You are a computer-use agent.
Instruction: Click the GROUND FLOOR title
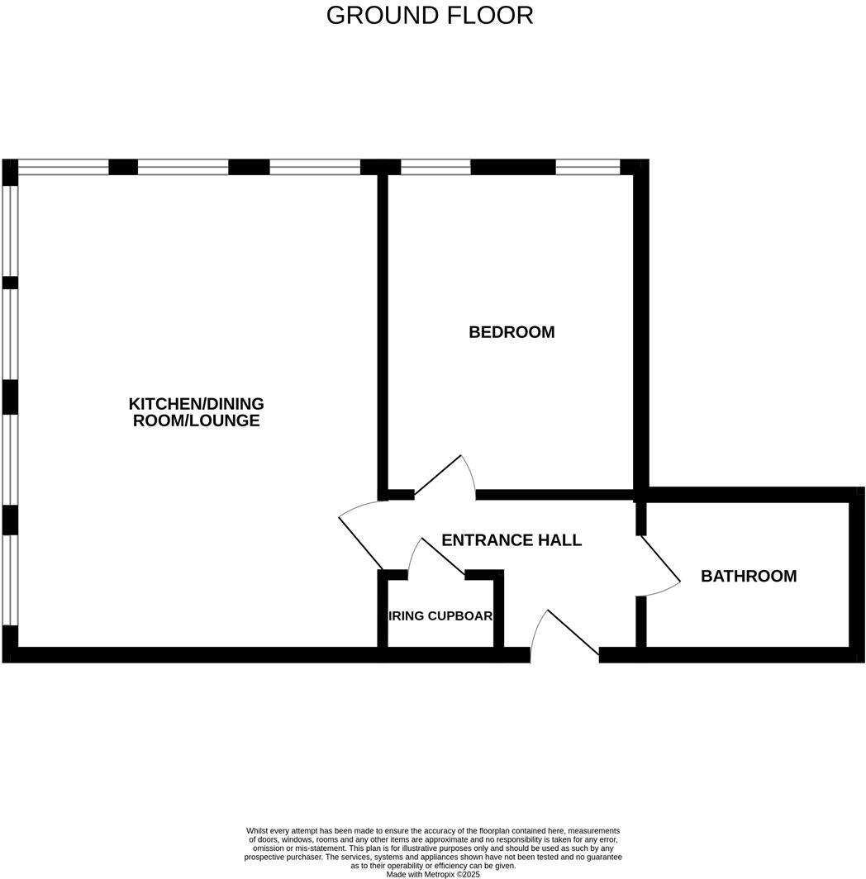pyautogui.click(x=430, y=16)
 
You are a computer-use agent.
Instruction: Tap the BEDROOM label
pyautogui.click(x=512, y=332)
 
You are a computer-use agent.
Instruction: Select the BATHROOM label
pyautogui.click(x=749, y=576)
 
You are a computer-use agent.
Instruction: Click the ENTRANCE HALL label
pyautogui.click(x=512, y=540)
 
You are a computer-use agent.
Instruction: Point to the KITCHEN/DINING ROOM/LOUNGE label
pyautogui.click(x=197, y=412)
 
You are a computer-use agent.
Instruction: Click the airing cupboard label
pyautogui.click(x=440, y=615)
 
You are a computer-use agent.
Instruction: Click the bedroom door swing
pyautogui.click(x=446, y=478)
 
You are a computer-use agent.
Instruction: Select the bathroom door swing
pyautogui.click(x=659, y=566)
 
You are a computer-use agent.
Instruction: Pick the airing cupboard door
pyautogui.click(x=438, y=557)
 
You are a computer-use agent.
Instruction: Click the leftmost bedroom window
pyautogui.click(x=435, y=167)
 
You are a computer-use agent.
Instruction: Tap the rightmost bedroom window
pyautogui.click(x=588, y=167)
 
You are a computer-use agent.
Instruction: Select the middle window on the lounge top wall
pyautogui.click(x=183, y=167)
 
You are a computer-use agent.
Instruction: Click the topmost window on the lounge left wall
pyautogui.click(x=9, y=230)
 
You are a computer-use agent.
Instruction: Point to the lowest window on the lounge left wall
pyautogui.click(x=9, y=580)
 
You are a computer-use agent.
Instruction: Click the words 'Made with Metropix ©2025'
pyautogui.click(x=432, y=873)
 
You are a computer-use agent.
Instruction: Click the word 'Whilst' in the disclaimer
pyautogui.click(x=257, y=830)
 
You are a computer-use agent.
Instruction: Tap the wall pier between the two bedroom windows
pyautogui.click(x=512, y=167)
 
